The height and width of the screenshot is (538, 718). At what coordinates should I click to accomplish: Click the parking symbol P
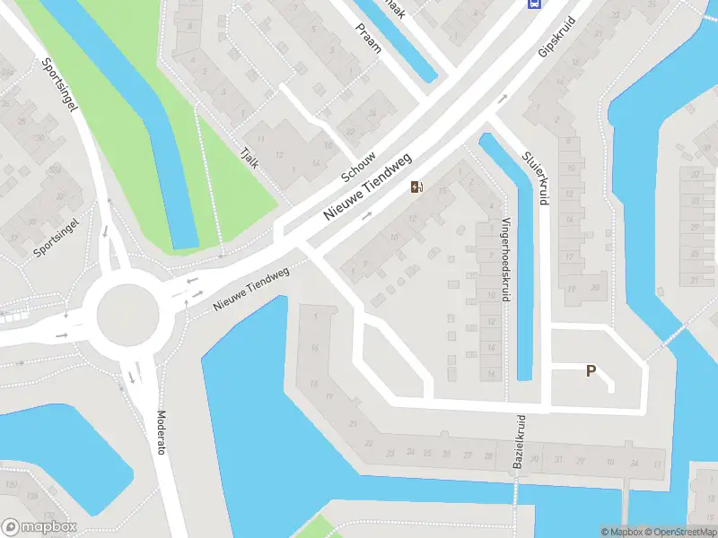tap(591, 370)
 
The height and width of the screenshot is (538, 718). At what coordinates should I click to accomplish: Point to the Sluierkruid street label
tap(537, 178)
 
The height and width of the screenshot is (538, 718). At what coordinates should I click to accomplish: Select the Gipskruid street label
tap(556, 36)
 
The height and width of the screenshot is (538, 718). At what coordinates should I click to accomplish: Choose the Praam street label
tap(368, 39)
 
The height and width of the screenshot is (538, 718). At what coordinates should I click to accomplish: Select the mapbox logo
tap(39, 527)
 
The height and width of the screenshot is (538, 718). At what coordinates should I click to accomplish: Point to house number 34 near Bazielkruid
tap(634, 464)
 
